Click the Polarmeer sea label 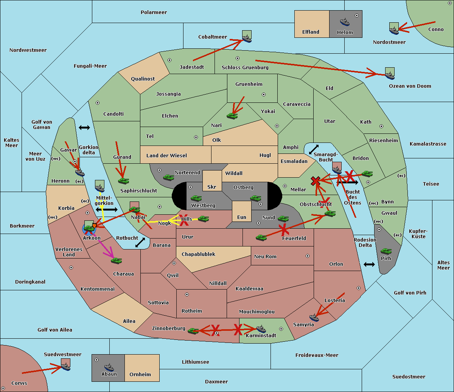[154, 12]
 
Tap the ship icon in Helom [344, 22]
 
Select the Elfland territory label [311, 32]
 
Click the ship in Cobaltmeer [247, 38]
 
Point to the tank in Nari [232, 116]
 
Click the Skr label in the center [212, 187]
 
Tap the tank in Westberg [196, 198]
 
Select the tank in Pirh [386, 251]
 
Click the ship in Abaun [109, 367]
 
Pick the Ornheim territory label [140, 375]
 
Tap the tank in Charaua [116, 260]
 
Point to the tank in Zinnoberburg [193, 331]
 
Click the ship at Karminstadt [261, 329]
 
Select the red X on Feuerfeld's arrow [284, 229]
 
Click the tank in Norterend [168, 177]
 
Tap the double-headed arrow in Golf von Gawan [84, 128]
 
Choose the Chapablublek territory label [198, 254]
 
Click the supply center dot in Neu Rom [308, 256]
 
